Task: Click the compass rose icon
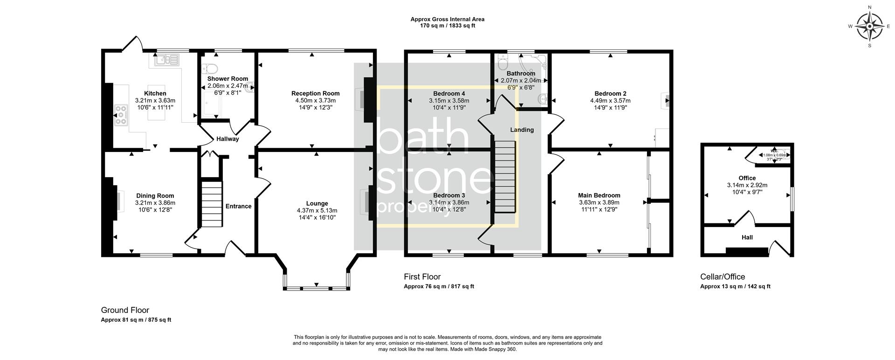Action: pos(869,26)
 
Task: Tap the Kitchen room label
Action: pos(155,94)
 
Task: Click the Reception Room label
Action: pos(315,94)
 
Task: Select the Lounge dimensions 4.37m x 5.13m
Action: pos(317,210)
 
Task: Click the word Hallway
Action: pos(227,139)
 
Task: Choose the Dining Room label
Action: pos(155,196)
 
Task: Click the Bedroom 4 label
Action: pos(449,93)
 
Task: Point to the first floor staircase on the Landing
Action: pos(505,177)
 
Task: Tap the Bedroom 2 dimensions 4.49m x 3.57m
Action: pos(610,101)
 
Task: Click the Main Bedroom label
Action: pos(599,195)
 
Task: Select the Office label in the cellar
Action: pos(747,178)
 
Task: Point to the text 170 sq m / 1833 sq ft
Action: pos(447,26)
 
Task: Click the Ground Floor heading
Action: pos(125,310)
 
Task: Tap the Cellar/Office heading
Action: pos(723,277)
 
